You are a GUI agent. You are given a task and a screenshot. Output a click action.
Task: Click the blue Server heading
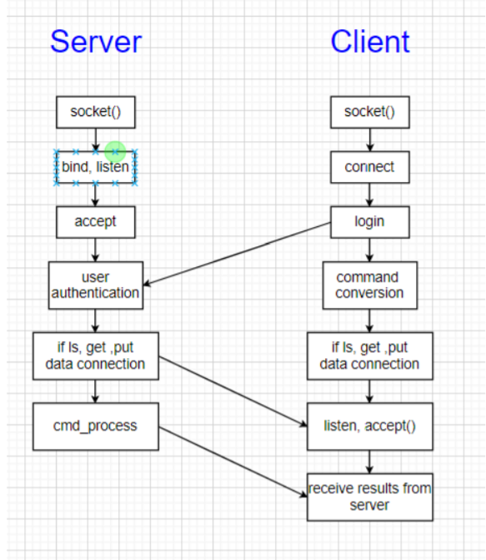[x=95, y=42]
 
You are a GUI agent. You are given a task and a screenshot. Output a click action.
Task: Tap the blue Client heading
[x=369, y=42]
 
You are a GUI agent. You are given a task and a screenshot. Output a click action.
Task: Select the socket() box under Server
[x=95, y=111]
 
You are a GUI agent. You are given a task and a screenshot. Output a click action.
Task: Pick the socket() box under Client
[x=369, y=112]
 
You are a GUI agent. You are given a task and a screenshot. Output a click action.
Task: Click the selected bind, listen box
[x=95, y=168]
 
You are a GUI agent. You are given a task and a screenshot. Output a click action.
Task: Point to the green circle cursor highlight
[x=116, y=151]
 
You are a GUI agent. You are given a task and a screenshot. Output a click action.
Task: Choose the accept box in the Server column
[x=95, y=222]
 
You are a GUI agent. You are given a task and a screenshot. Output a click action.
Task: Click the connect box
[x=369, y=167]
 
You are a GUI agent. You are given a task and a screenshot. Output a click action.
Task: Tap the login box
[x=369, y=222]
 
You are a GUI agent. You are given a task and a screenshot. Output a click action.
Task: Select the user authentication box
[x=95, y=285]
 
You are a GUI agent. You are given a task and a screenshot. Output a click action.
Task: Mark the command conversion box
[x=369, y=285]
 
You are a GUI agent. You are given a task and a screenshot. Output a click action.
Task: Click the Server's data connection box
[x=95, y=356]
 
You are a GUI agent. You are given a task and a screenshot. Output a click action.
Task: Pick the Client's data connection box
[x=369, y=356]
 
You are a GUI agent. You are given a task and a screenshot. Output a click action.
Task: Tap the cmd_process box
[x=95, y=426]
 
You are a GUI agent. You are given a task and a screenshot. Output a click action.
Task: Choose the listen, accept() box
[x=369, y=426]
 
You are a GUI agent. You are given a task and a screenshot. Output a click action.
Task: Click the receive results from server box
[x=369, y=497]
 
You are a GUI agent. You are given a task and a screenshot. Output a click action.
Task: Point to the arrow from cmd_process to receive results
[x=233, y=462]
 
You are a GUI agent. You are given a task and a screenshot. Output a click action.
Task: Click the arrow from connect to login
[x=369, y=194]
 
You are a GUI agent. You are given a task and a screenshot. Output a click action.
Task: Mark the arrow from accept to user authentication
[x=95, y=250]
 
